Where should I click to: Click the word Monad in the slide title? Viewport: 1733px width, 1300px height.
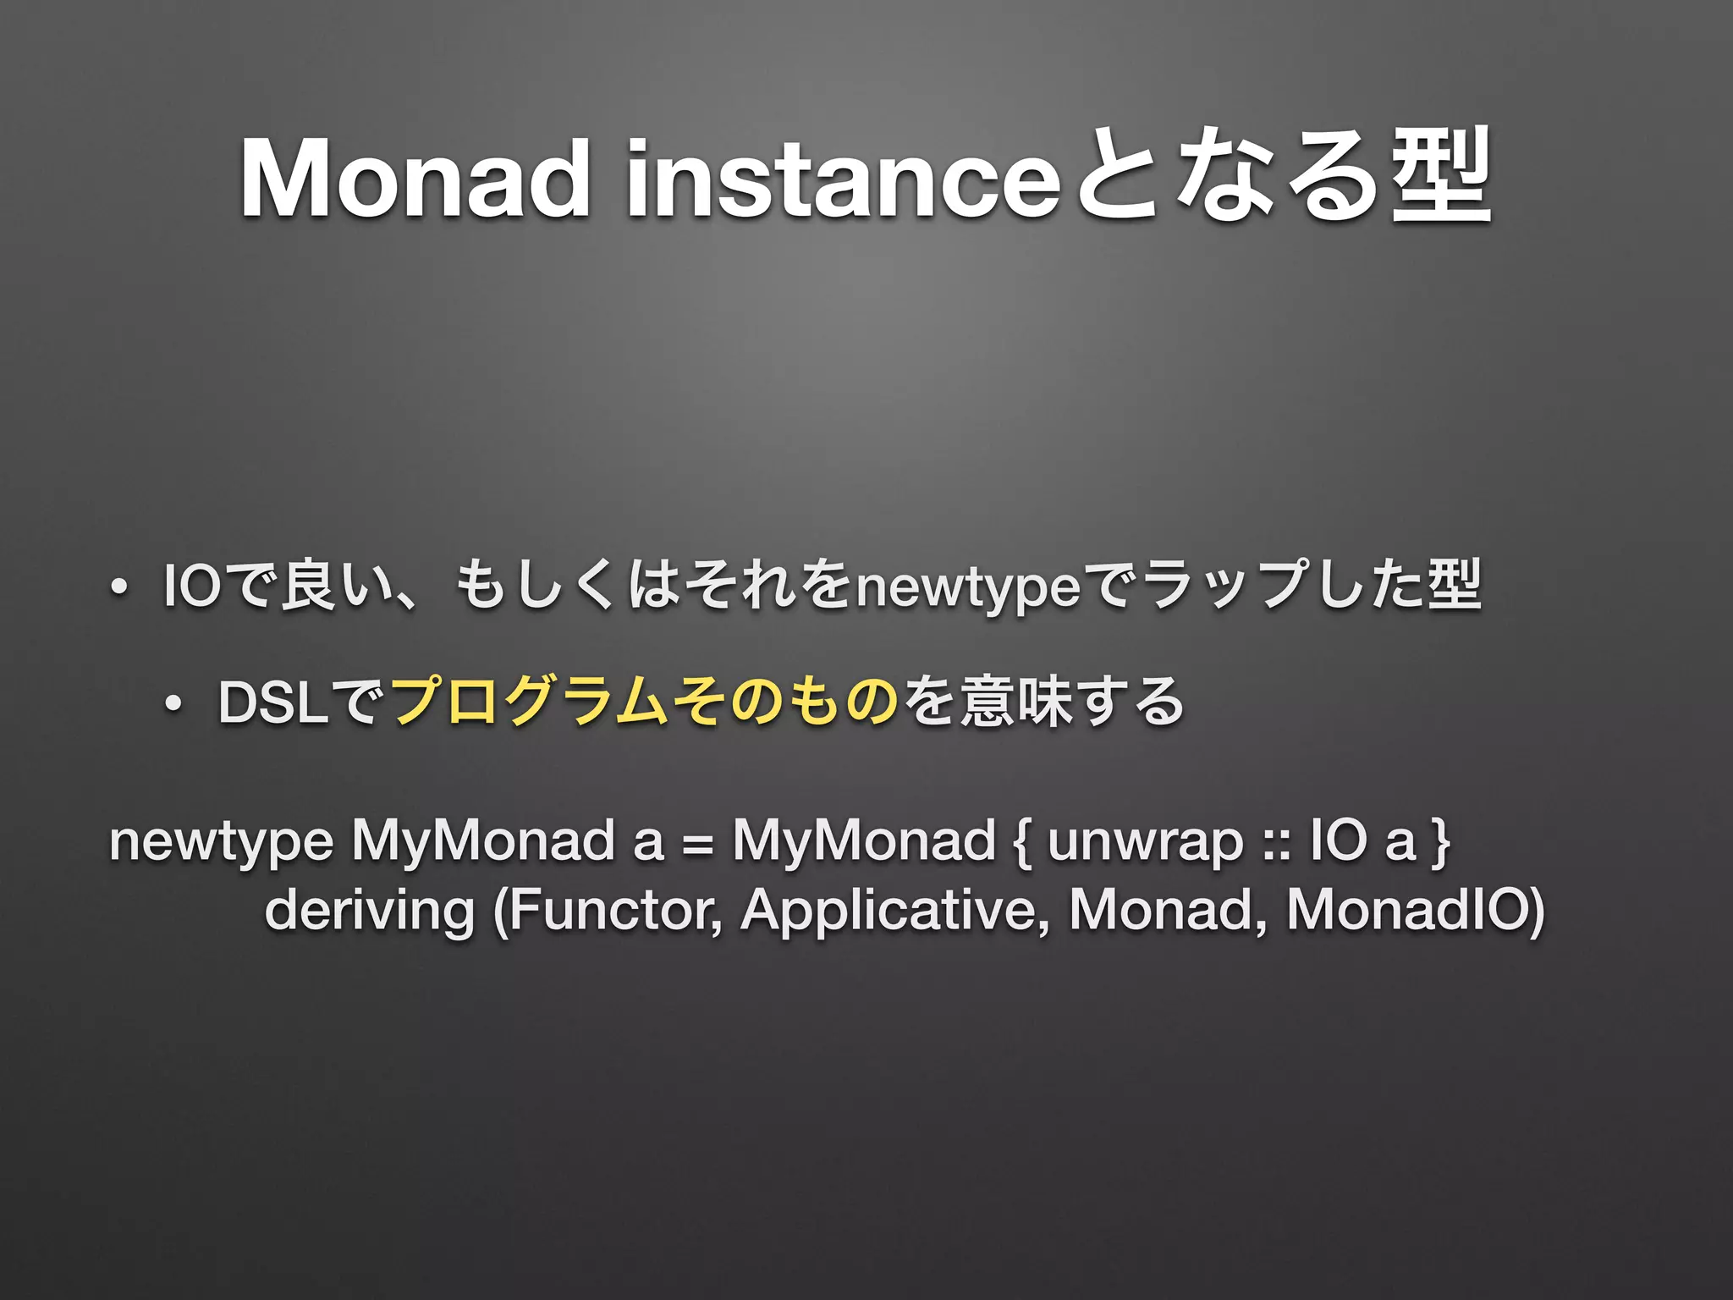pyautogui.click(x=415, y=179)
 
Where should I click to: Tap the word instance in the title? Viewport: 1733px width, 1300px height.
pyautogui.click(x=842, y=179)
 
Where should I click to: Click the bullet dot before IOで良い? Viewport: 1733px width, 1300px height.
pyautogui.click(x=118, y=587)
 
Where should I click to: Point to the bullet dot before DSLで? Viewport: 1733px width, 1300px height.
pyautogui.click(x=173, y=703)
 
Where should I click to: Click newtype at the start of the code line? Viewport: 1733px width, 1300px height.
pyautogui.click(x=221, y=842)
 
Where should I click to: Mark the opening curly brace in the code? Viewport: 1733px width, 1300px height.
pyautogui.click(x=1021, y=843)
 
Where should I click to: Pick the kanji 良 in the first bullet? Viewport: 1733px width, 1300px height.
pyautogui.click(x=306, y=586)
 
